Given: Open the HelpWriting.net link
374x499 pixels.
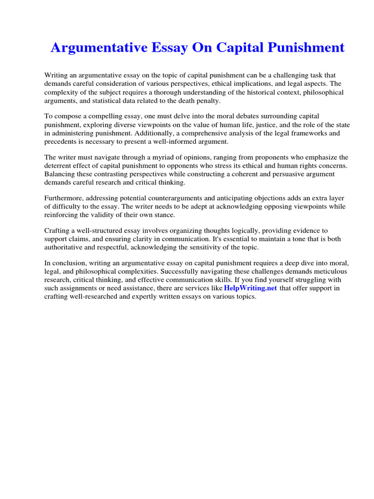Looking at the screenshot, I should pos(251,288).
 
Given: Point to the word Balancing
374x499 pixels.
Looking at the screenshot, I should pos(59,173).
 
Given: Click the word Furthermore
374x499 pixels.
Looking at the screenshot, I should pos(64,198).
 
